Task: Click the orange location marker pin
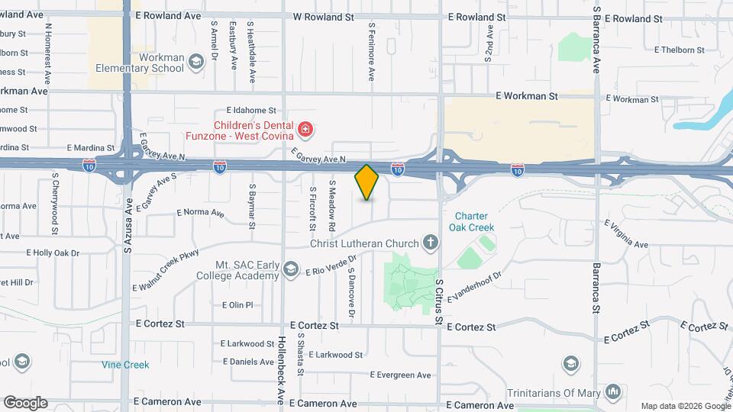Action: click(x=367, y=182)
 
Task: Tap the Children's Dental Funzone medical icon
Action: click(x=306, y=130)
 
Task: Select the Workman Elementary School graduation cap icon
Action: click(x=196, y=61)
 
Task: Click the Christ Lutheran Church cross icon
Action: click(x=431, y=243)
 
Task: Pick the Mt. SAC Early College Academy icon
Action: click(x=290, y=269)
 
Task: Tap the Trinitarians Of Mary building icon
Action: click(x=613, y=392)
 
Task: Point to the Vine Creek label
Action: click(x=125, y=365)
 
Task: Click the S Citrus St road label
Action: click(x=440, y=301)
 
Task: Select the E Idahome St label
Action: click(x=250, y=111)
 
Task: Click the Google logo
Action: click(x=24, y=403)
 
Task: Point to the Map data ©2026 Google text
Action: click(x=685, y=406)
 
